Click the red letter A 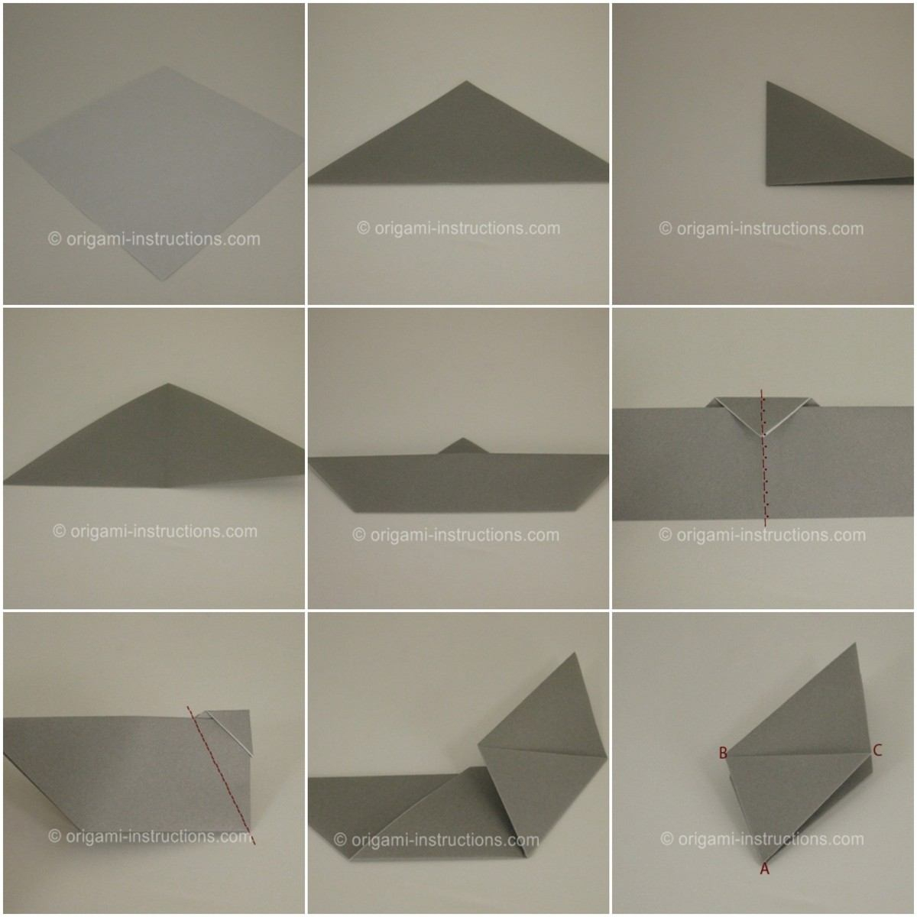[x=765, y=868]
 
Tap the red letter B [x=723, y=753]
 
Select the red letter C [x=877, y=750]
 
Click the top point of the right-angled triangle [x=766, y=82]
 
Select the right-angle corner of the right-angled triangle [x=766, y=185]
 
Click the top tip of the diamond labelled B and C [x=855, y=644]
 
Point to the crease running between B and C [x=799, y=753]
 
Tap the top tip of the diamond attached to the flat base [x=575, y=653]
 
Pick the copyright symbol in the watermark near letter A [x=666, y=838]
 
